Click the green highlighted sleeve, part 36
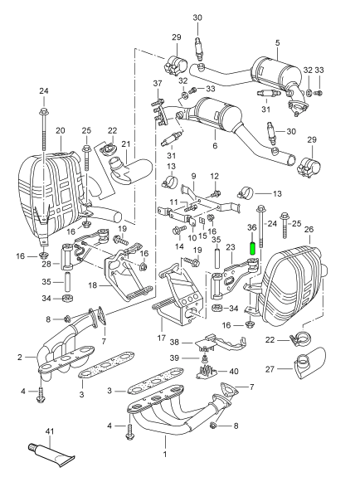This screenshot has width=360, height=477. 252,248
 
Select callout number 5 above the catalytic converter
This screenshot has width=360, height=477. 277,43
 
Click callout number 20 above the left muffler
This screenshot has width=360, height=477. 61,131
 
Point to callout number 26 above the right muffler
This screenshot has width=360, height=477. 309,229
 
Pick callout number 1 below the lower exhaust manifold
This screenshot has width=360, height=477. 165,455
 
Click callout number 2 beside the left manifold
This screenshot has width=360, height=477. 20,357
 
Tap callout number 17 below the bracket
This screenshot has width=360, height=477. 162,338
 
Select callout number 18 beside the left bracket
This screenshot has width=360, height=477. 93,285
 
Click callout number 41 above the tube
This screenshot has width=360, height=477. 49,431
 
